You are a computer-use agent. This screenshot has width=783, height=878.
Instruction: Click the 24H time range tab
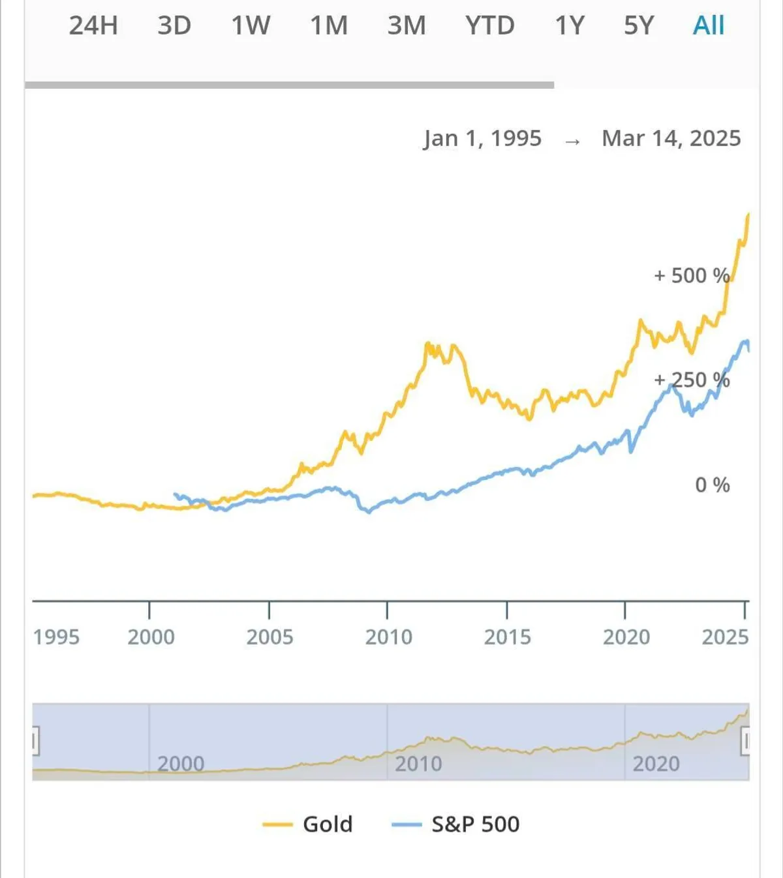click(93, 26)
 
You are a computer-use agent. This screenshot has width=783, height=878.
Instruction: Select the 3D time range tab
click(174, 26)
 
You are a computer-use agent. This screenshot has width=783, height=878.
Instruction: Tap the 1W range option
click(251, 26)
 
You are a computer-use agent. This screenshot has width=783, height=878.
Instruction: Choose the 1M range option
click(329, 26)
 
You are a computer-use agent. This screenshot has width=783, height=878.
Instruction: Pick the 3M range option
click(407, 26)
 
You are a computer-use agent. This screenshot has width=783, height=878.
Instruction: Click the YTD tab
click(490, 26)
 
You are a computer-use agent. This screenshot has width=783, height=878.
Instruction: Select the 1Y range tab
click(570, 26)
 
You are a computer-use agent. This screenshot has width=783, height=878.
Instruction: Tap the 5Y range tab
click(639, 26)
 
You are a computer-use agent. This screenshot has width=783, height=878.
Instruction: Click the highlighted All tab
click(709, 26)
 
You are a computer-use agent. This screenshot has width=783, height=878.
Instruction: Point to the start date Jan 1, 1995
click(482, 138)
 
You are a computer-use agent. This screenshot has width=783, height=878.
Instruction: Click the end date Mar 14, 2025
click(671, 138)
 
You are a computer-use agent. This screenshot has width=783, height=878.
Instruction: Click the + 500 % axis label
click(692, 276)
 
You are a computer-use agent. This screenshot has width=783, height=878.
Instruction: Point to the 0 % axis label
click(712, 485)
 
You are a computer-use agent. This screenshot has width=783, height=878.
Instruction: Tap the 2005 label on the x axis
click(269, 637)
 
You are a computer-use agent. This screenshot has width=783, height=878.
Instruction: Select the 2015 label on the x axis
click(507, 637)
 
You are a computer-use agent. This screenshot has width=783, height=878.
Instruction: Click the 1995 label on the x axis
click(56, 637)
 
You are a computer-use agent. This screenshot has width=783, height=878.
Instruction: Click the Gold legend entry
click(308, 825)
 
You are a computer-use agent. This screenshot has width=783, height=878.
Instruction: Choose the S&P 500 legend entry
click(456, 825)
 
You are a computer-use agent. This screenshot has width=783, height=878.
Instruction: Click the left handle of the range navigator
click(35, 742)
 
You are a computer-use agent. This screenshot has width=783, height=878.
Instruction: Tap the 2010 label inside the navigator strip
click(418, 764)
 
